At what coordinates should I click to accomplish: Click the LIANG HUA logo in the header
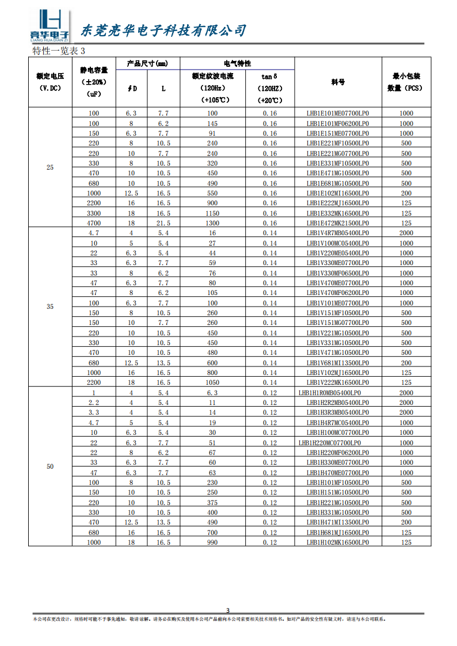(49, 26)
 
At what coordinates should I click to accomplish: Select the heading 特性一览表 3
(59, 51)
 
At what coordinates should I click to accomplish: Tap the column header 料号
(338, 82)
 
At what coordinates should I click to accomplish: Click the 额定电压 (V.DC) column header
(49, 82)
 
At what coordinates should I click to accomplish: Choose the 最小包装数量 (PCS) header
(406, 82)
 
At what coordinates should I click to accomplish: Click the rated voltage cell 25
(49, 167)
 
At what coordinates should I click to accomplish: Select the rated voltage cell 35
(49, 307)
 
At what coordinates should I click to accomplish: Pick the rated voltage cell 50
(49, 467)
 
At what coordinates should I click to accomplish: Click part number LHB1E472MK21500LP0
(338, 223)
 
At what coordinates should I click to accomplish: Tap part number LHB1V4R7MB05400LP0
(338, 233)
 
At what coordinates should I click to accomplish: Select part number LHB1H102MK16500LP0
(338, 542)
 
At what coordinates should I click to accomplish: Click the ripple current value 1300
(212, 223)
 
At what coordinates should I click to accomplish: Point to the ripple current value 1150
(212, 213)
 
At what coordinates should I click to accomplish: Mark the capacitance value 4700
(94, 223)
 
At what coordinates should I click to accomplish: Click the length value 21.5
(163, 223)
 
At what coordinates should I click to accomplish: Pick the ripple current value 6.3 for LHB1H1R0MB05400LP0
(212, 392)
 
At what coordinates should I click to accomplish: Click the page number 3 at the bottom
(227, 610)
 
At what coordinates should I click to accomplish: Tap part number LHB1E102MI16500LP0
(338, 193)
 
